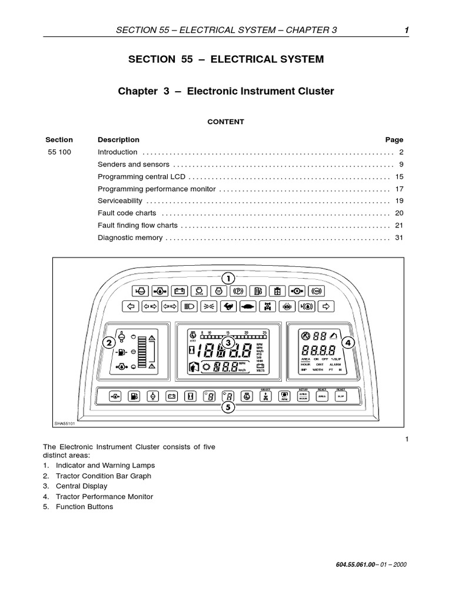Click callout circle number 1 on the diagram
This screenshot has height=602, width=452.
pyautogui.click(x=228, y=277)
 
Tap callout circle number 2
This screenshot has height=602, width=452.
pyautogui.click(x=108, y=342)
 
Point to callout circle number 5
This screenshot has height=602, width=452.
pyautogui.click(x=228, y=407)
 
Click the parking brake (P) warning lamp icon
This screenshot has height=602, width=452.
pyautogui.click(x=238, y=290)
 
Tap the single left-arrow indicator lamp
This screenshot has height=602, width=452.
pyautogui.click(x=131, y=306)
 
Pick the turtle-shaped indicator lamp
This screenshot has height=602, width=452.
pyautogui.click(x=248, y=306)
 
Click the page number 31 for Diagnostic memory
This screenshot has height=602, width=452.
pyautogui.click(x=398, y=238)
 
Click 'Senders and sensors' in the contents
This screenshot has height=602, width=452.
pyautogui.click(x=133, y=165)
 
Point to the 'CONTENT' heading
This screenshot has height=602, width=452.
pyautogui.click(x=225, y=122)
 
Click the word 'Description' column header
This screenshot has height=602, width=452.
pyautogui.click(x=118, y=140)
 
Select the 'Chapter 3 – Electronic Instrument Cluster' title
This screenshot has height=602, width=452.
pyautogui.click(x=226, y=91)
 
